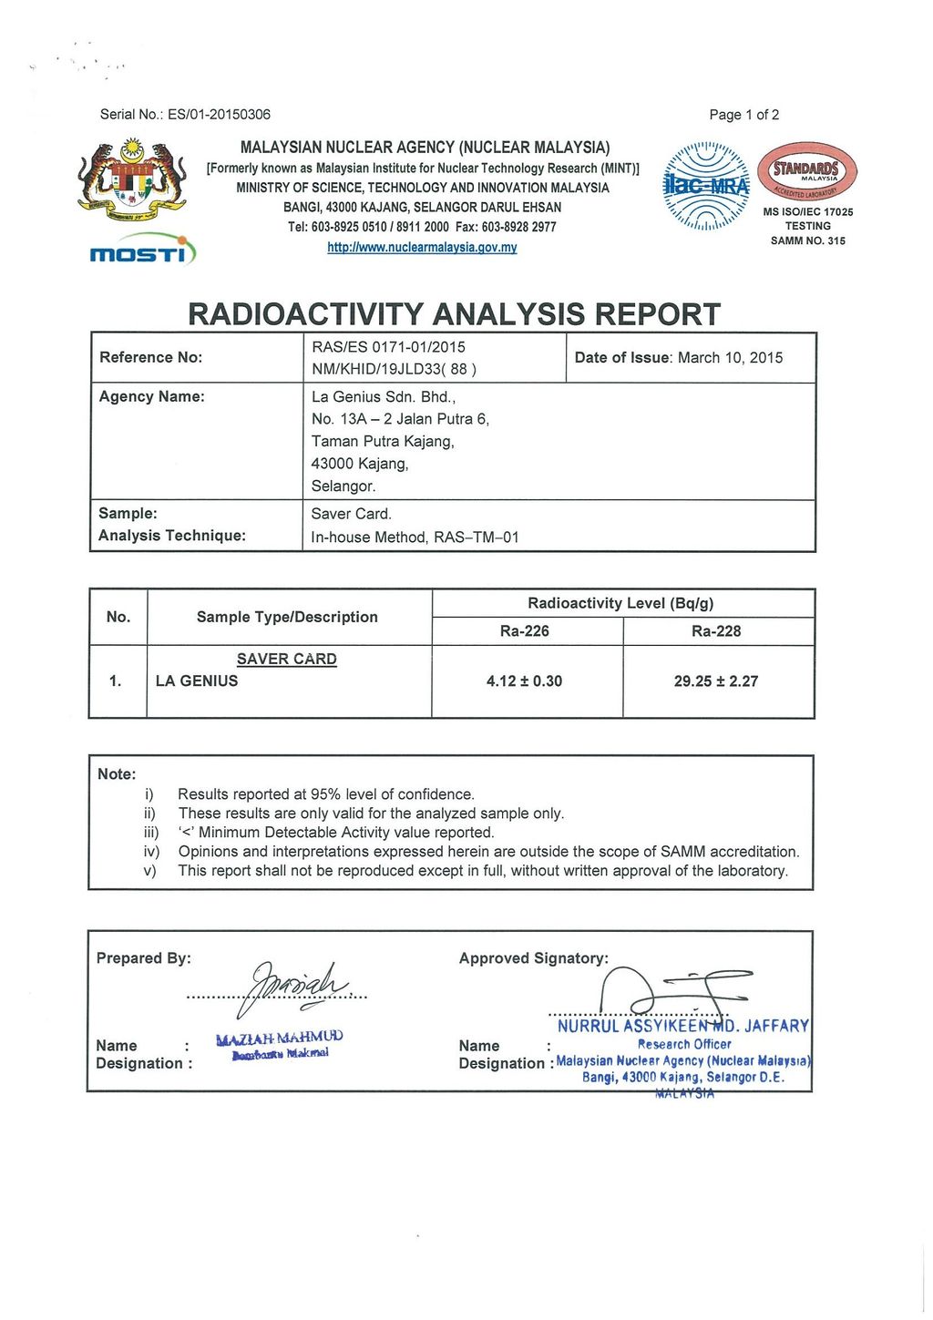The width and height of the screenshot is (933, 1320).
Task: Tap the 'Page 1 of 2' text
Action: click(743, 115)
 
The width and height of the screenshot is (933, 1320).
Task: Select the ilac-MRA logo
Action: click(707, 186)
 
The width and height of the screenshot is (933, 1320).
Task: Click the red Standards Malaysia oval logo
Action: click(807, 172)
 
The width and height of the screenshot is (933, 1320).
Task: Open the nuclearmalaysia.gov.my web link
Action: click(422, 248)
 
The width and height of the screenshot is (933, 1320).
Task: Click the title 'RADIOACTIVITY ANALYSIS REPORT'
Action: click(454, 314)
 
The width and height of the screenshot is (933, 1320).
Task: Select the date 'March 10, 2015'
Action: click(728, 358)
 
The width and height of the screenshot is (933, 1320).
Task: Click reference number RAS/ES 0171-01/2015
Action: click(388, 347)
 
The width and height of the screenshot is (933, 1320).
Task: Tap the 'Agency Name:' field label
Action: click(152, 396)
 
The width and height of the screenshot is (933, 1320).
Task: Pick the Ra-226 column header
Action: click(525, 631)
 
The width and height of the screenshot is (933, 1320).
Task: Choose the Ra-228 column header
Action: click(716, 631)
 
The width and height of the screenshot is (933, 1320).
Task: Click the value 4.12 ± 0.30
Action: click(525, 681)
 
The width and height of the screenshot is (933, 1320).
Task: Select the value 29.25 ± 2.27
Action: click(716, 681)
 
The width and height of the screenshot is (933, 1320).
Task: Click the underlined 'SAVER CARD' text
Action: click(287, 659)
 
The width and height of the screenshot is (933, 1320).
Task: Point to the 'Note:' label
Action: click(117, 774)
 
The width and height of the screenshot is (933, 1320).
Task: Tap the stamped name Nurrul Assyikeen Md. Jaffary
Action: click(682, 1027)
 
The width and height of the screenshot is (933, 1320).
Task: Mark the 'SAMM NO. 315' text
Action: click(808, 241)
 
